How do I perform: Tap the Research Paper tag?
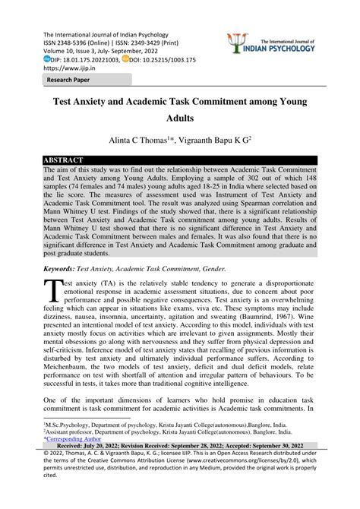click(x=69, y=79)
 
